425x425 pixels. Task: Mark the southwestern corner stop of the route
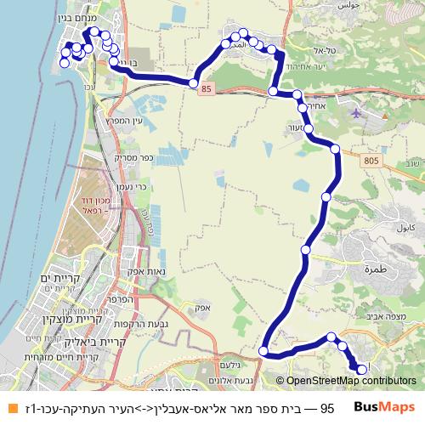(x=263, y=351)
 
